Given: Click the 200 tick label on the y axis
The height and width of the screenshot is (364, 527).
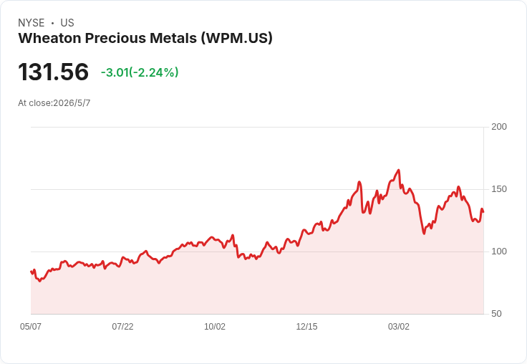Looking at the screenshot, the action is [x=499, y=127].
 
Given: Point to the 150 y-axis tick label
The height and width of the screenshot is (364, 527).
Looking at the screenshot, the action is [x=499, y=189].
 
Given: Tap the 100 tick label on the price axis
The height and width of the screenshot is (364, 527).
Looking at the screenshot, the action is [x=499, y=252].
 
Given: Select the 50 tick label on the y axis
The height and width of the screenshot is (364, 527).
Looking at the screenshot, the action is [x=496, y=314].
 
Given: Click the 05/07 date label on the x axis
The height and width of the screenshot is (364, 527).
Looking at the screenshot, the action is [x=31, y=326].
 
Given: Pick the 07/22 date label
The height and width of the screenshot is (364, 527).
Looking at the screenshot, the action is [x=122, y=326].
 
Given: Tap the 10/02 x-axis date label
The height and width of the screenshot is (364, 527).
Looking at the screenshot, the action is [x=215, y=326].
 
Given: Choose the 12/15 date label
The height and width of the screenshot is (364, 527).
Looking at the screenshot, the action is [x=306, y=326].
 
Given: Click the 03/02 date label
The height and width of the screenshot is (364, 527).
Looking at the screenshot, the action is [x=399, y=326].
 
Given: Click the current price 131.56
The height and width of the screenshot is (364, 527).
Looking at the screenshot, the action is [x=54, y=72].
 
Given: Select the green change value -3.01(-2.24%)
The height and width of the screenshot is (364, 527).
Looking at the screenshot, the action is [x=140, y=72].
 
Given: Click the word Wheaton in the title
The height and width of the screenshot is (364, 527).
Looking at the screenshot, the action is [x=49, y=38].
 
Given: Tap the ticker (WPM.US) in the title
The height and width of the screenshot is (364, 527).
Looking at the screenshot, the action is [x=236, y=38].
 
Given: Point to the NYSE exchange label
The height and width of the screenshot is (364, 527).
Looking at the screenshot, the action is [x=32, y=23].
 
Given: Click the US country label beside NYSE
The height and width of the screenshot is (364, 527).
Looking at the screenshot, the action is [x=67, y=23].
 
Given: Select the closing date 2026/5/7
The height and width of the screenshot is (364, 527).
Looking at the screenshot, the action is [x=72, y=103].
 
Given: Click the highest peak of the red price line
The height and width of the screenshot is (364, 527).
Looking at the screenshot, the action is [x=399, y=170].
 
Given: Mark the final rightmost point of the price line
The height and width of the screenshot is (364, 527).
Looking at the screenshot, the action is [x=483, y=211].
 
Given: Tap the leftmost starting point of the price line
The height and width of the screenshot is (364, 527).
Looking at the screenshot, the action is [x=31, y=271].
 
